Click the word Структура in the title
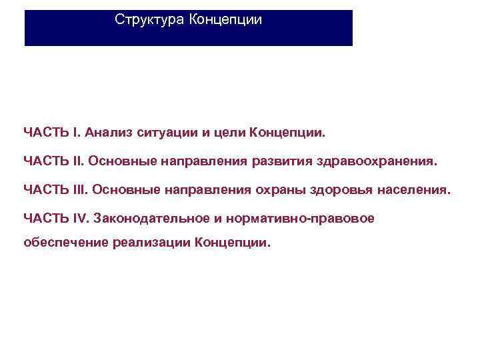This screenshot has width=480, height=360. coord(149,20)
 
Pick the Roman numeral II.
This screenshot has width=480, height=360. coord(77,161)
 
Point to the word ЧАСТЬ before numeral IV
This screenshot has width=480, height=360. coord(45,218)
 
